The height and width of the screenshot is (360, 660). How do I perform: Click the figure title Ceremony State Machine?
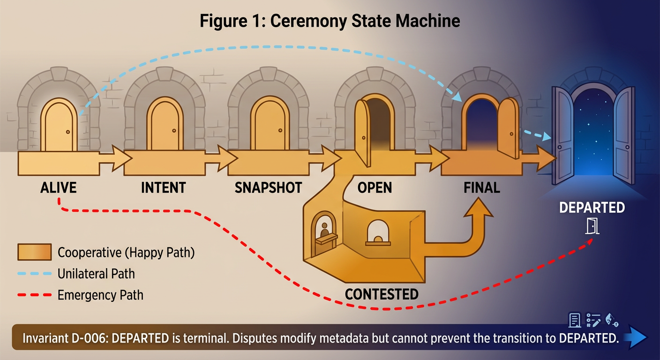(330, 22)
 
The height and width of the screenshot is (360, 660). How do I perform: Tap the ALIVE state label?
(58, 188)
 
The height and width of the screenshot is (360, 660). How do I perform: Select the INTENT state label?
(163, 188)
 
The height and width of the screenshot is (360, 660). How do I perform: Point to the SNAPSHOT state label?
(268, 188)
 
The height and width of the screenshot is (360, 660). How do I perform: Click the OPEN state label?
(375, 188)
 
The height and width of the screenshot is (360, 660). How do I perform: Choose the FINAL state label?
(481, 188)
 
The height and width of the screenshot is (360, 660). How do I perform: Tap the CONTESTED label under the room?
(382, 294)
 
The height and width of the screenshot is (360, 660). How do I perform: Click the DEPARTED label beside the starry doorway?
(592, 207)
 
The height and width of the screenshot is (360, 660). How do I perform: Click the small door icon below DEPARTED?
(592, 226)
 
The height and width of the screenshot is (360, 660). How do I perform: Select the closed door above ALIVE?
(59, 127)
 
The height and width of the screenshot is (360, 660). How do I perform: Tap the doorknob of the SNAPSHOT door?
(280, 130)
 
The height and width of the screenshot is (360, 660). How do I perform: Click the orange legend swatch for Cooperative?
(34, 253)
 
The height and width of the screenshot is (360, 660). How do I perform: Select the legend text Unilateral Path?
(96, 274)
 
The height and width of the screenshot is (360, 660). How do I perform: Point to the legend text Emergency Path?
(100, 295)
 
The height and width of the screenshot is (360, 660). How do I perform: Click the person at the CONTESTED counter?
(324, 229)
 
